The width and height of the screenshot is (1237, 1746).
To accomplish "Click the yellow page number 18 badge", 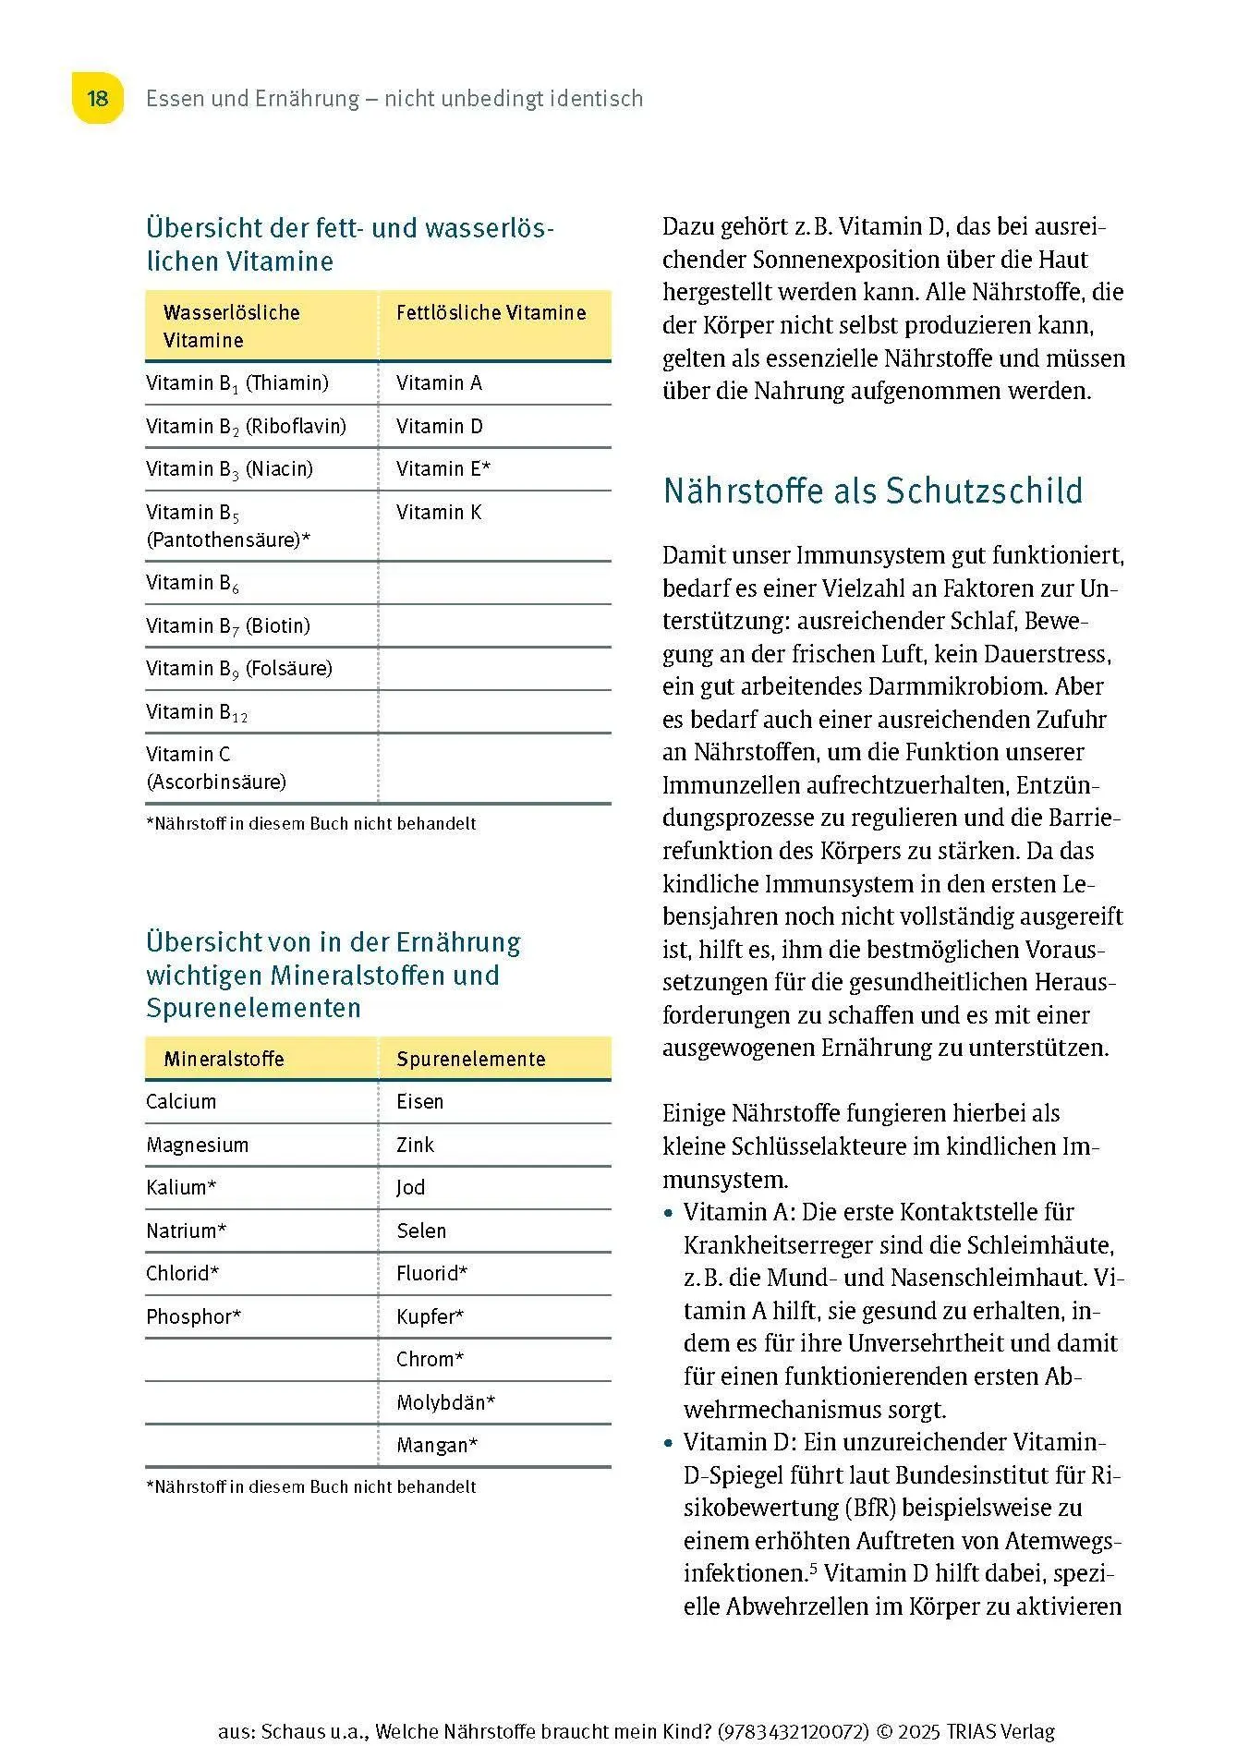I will (x=97, y=98).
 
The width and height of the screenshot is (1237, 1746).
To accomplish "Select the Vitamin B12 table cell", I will (x=197, y=712).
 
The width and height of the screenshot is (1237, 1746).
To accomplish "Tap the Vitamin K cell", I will (x=439, y=513).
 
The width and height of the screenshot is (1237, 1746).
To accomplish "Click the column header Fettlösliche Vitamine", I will (x=491, y=313).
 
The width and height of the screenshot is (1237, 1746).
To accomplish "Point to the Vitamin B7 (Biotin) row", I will (x=227, y=626).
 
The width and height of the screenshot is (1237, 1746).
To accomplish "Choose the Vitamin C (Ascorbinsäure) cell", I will (x=216, y=768).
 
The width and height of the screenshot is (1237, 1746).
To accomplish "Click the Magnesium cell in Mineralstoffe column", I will (x=197, y=1146).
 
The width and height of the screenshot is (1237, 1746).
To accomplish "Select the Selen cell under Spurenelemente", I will (x=421, y=1231).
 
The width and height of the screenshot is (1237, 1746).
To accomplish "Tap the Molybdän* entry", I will (x=445, y=1403).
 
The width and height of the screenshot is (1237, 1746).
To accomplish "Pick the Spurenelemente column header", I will (x=470, y=1060).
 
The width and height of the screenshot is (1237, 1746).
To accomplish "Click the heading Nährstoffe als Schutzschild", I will (x=872, y=491).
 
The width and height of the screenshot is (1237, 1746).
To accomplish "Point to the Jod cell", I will (x=411, y=1188).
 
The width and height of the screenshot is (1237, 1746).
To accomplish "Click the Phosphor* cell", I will (x=193, y=1317).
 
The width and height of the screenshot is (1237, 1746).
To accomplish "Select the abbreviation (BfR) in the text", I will (x=867, y=1509).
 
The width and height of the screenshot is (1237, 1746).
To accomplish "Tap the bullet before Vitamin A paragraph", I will (x=669, y=1213).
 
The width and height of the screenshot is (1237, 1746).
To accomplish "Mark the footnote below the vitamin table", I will (x=311, y=824).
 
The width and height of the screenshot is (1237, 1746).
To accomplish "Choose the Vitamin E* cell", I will (x=443, y=469).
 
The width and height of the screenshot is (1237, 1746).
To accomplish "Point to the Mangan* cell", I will (x=437, y=1446).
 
